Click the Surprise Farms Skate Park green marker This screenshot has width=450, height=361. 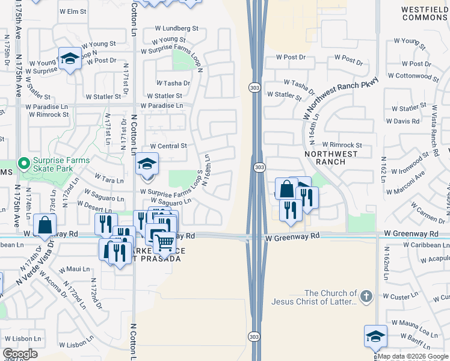point(24,163)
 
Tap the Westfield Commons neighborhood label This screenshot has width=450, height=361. point(424,13)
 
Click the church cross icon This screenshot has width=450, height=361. point(366,296)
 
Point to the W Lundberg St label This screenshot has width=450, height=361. point(176,28)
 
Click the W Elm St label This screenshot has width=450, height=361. point(73,11)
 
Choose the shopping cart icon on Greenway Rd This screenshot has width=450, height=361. point(164,243)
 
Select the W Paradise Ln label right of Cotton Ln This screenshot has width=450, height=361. point(162,105)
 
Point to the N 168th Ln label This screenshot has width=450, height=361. point(206,171)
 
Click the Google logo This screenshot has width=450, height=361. point(20,354)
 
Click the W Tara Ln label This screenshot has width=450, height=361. point(109,180)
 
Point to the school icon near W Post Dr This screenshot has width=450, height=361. point(70,59)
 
